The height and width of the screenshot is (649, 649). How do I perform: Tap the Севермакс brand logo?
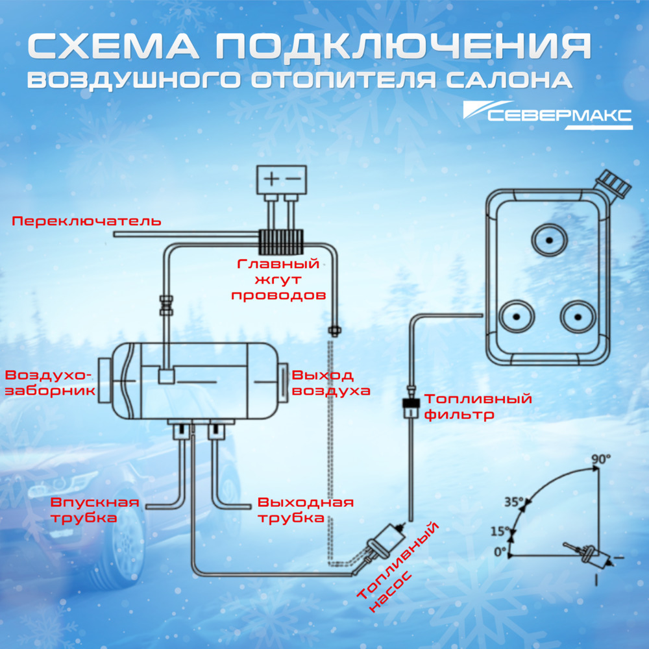click(548, 116)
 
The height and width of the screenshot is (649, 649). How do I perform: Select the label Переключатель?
click(86, 221)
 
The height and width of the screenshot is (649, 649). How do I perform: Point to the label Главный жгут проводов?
click(279, 280)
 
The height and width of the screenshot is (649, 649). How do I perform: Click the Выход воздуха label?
click(331, 383)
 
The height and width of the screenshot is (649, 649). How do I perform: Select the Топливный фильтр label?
click(477, 406)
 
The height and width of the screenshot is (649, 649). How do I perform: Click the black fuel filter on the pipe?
click(410, 407)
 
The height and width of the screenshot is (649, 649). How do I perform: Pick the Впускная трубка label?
click(95, 510)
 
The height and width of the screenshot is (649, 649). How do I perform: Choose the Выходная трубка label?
click(305, 510)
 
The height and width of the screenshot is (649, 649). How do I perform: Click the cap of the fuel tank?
click(614, 184)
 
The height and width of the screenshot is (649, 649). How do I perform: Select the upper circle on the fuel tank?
click(549, 241)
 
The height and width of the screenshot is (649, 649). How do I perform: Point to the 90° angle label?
click(600, 459)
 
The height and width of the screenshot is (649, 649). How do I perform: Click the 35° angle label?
click(513, 501)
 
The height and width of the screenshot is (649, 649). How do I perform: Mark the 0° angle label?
click(499, 552)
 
